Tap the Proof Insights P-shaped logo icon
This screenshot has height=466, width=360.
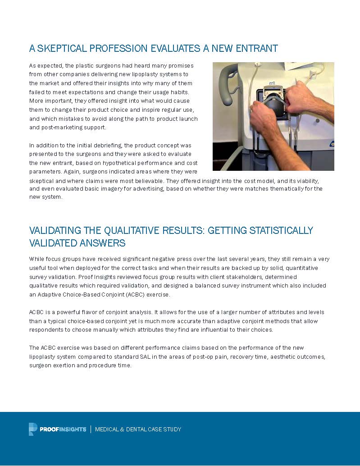click(x=32, y=429)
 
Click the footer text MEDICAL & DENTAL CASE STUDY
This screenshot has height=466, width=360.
click(x=138, y=429)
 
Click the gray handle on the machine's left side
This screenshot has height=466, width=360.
click(x=225, y=86)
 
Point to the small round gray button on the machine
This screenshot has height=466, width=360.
click(x=317, y=120)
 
